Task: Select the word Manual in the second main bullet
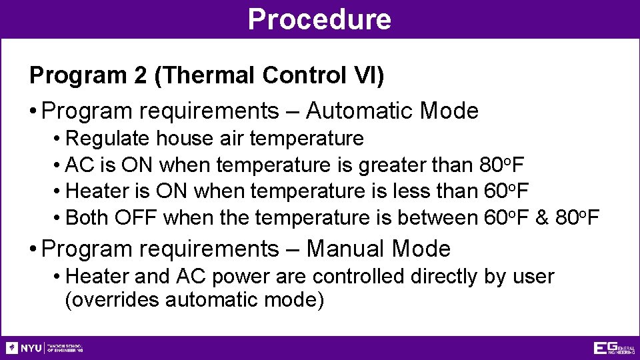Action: pos(345,249)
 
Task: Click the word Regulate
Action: pos(109,139)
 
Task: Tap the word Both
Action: pos(89,218)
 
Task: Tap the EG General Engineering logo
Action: pos(614,348)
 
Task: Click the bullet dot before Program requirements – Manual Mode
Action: pos(33,249)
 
